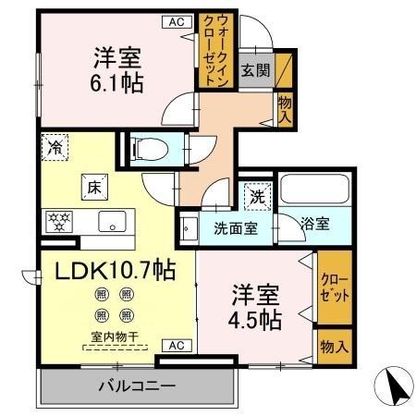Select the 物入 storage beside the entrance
click(x=286, y=111)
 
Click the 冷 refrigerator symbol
click(x=54, y=146)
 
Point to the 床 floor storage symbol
click(x=93, y=185)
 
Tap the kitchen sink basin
click(x=113, y=221)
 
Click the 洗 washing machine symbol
click(x=256, y=196)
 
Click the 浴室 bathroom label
click(x=315, y=224)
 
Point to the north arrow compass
click(x=390, y=385)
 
